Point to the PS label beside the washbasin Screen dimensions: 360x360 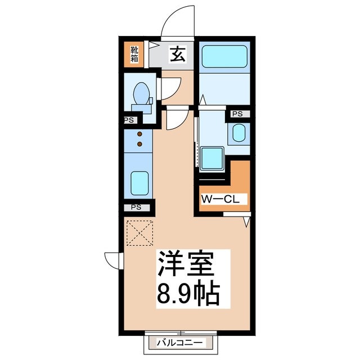click(237, 114)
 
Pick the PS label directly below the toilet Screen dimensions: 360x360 click(129, 120)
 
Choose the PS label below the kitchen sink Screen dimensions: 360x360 click(136, 207)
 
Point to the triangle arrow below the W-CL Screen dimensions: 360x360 click(246, 222)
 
